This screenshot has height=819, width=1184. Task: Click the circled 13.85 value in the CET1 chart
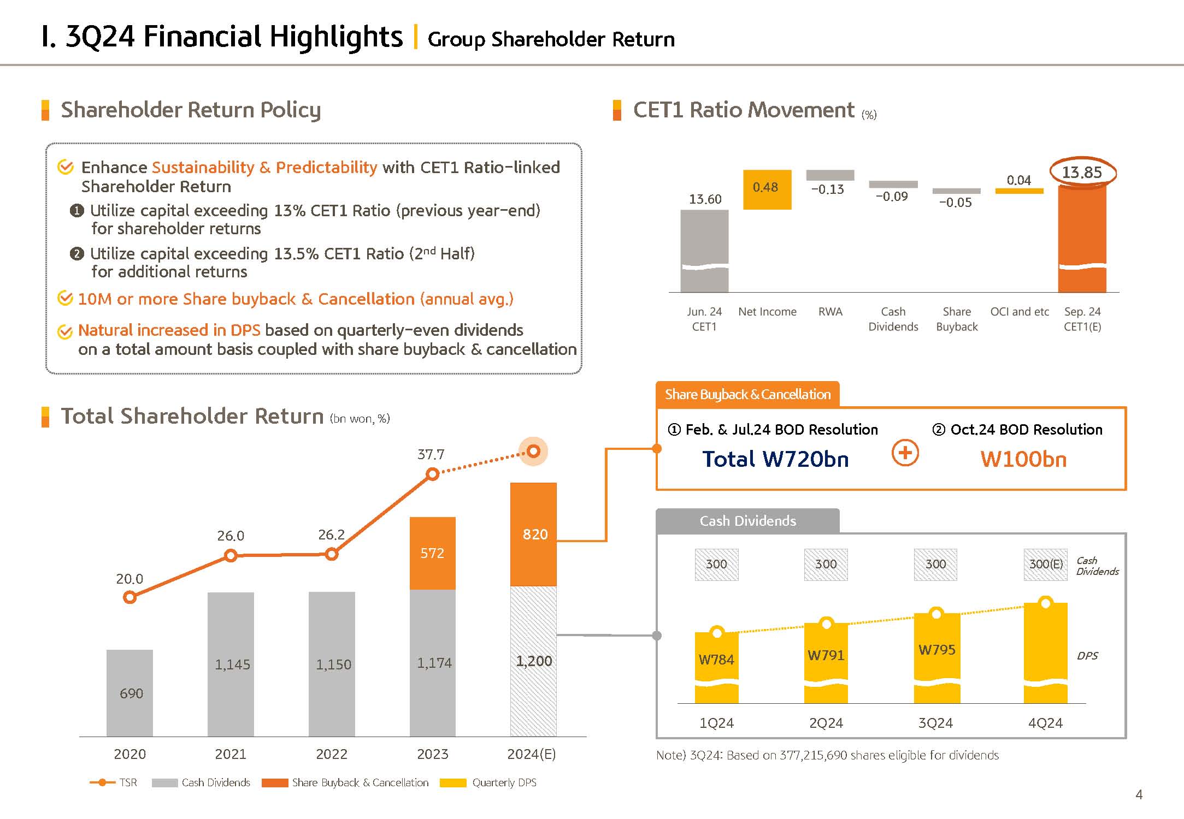click(1082, 173)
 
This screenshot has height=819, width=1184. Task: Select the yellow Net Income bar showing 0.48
click(767, 189)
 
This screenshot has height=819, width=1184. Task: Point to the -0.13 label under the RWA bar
click(827, 189)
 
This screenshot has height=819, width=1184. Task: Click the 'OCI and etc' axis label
click(1020, 312)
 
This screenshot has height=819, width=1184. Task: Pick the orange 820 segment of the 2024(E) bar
click(533, 534)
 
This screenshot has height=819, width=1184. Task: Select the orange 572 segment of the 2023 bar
click(432, 553)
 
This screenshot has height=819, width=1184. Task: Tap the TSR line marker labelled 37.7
click(432, 474)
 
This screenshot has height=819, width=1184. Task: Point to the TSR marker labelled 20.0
click(129, 597)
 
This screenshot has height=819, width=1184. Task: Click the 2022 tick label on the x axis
click(331, 754)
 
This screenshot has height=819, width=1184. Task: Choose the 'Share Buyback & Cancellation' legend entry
click(345, 782)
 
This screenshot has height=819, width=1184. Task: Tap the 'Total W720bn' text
click(775, 459)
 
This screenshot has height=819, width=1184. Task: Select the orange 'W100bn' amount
click(1023, 459)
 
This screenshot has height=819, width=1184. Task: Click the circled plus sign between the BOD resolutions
click(905, 453)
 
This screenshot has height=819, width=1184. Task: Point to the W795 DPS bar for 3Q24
click(936, 655)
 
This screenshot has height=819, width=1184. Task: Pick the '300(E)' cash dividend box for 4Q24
click(1045, 564)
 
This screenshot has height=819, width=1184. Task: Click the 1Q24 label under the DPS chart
click(716, 723)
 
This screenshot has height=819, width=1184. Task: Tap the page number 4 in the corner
click(1139, 794)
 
